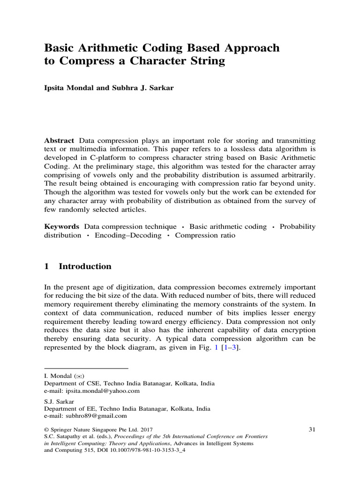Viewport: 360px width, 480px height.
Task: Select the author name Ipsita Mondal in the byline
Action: (x=65, y=89)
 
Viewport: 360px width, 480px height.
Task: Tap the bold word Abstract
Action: (x=59, y=141)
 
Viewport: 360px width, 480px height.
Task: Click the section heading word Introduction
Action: (x=85, y=266)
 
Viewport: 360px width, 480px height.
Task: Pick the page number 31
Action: (x=314, y=428)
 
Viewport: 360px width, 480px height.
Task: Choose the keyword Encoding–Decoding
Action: (x=128, y=235)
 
